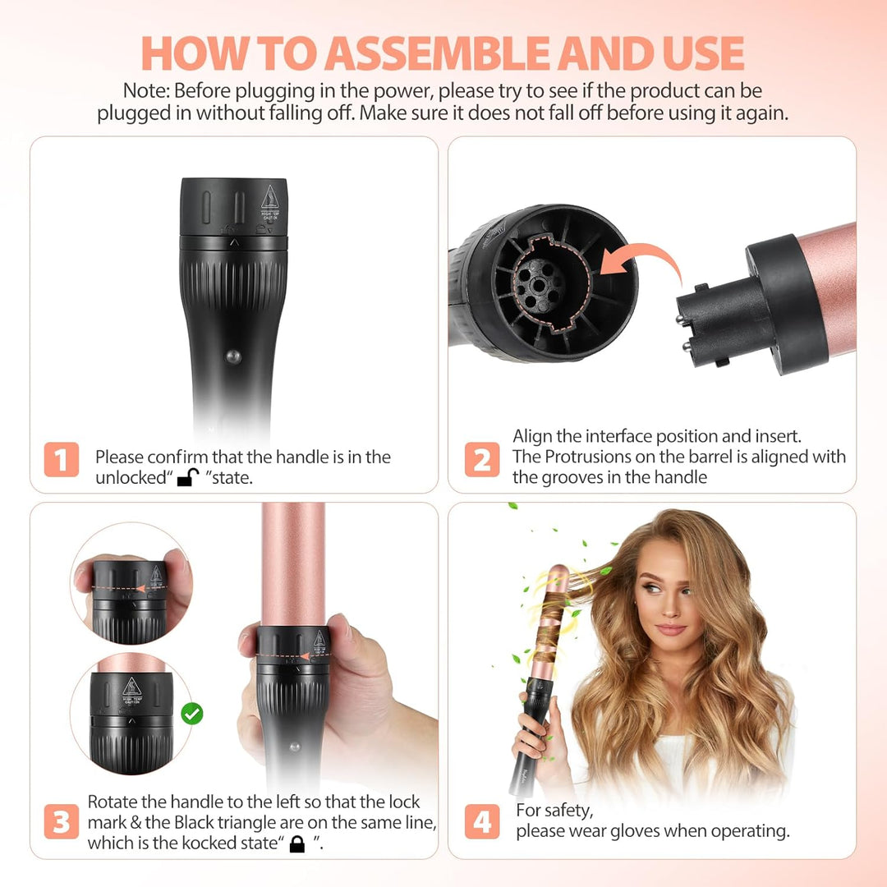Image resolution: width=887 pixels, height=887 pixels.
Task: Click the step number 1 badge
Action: point(61,459)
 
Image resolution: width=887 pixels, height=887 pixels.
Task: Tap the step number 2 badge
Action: point(482,459)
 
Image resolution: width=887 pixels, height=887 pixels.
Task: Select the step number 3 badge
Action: point(61,821)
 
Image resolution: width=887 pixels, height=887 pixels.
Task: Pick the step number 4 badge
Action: point(482,821)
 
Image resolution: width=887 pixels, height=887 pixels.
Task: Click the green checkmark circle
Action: point(191,714)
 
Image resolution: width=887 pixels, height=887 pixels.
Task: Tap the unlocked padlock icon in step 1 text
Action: point(188,477)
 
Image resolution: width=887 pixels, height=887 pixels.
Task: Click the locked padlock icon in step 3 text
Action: point(297,844)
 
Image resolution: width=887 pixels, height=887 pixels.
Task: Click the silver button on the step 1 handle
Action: point(233,356)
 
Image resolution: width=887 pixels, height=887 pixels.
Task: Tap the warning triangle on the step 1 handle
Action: point(270,197)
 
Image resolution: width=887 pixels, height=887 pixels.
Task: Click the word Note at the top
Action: point(145,90)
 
